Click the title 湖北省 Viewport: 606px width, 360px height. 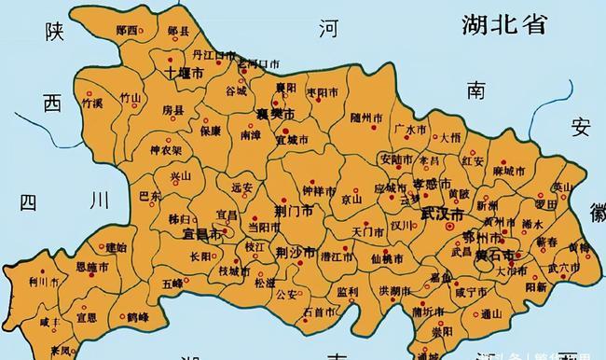pyautogui.click(x=503, y=24)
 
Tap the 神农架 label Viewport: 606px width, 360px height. pyautogui.click(x=166, y=150)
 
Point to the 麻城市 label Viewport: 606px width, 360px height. pyautogui.click(x=510, y=171)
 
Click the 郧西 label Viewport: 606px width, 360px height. pyautogui.click(x=127, y=30)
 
